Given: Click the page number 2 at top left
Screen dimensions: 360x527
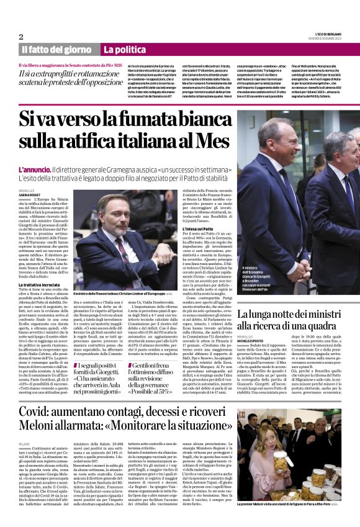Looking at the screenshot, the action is click(x=21, y=36).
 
